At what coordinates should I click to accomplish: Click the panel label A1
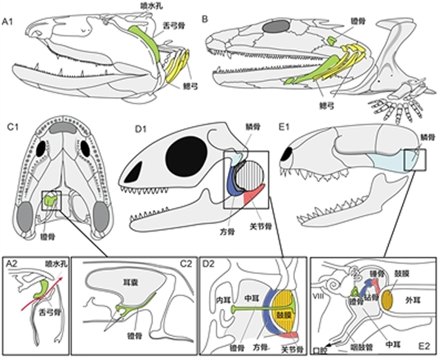coord(9,23)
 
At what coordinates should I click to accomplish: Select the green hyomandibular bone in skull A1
coord(142,37)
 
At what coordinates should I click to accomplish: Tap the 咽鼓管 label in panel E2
coord(361,347)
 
